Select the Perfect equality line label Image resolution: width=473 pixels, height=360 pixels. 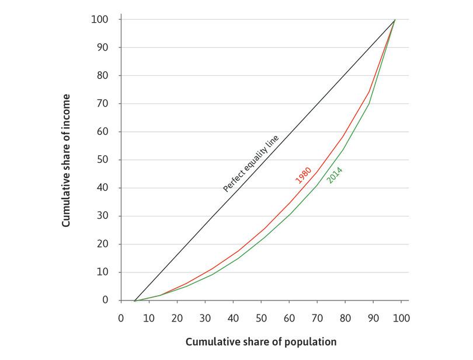251,164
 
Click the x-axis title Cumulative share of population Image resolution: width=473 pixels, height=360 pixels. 261,342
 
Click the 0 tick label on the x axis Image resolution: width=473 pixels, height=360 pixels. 121,319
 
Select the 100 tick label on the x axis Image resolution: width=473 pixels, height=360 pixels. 402,319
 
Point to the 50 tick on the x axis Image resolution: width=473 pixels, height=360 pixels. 261,319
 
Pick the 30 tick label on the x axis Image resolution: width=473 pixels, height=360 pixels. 205,319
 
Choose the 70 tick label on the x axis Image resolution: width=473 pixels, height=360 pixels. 317,319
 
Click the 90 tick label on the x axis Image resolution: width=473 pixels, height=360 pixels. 373,319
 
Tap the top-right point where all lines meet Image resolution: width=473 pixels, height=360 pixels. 395,20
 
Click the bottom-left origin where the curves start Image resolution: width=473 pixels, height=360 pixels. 135,300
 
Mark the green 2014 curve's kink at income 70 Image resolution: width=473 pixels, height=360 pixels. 369,104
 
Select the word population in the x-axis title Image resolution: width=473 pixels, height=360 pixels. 313,342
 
